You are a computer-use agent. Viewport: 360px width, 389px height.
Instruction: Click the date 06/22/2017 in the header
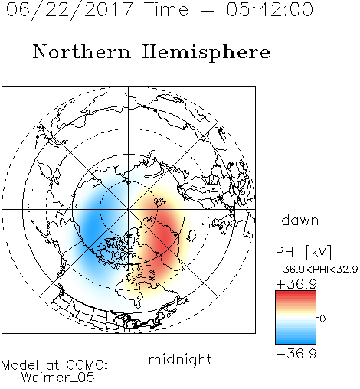coord(70,10)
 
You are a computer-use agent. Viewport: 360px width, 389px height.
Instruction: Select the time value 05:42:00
coord(270,9)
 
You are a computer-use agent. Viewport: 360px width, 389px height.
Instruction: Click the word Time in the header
coord(166,9)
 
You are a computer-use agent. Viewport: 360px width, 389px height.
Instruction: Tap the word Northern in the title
coord(82,51)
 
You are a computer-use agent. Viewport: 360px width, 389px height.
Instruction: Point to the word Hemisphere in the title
coord(206,53)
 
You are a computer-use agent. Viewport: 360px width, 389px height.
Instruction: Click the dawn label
coord(300,220)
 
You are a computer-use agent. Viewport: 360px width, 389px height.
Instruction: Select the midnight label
coord(180,359)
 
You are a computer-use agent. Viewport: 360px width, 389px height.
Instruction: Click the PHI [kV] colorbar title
coord(303,252)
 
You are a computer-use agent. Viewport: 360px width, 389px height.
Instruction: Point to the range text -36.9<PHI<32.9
coord(317,270)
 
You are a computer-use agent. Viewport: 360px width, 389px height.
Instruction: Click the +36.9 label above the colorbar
coord(296,284)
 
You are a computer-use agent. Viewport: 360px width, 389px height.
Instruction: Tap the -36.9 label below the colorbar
coord(296,354)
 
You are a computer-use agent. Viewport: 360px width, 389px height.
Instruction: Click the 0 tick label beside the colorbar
coord(322,319)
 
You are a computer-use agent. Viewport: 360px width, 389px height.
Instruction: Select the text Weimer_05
coord(58,378)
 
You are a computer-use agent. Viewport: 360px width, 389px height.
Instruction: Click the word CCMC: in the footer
coord(87,365)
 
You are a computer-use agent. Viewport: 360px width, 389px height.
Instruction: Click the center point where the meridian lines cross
coord(129,210)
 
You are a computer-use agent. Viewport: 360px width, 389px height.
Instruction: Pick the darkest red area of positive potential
coord(166,240)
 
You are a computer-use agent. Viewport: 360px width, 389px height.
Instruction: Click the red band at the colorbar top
coord(296,294)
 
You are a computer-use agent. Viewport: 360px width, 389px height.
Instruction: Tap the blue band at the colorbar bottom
coord(296,341)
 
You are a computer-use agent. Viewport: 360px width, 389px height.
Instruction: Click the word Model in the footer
coord(20,365)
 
